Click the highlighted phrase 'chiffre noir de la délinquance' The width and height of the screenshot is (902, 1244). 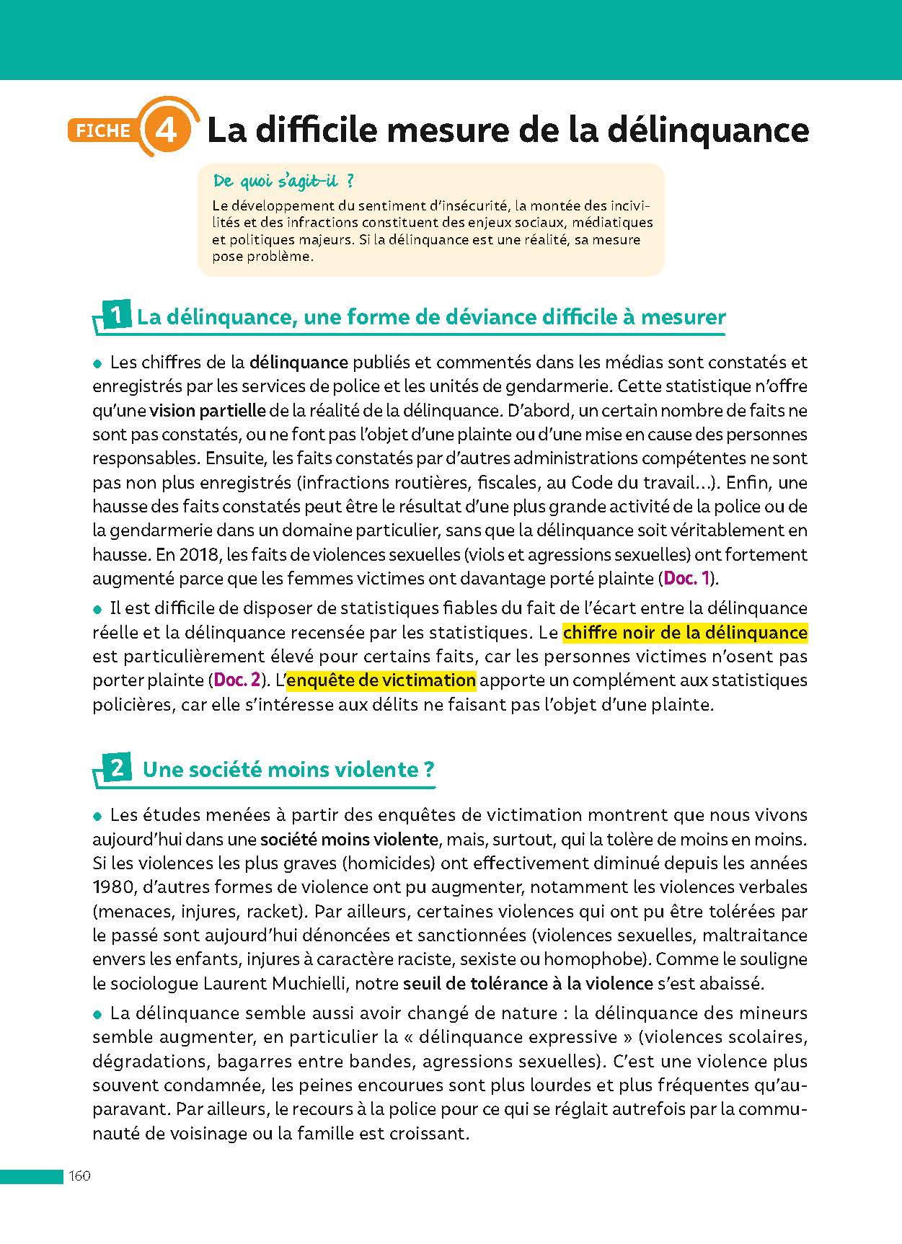(x=684, y=633)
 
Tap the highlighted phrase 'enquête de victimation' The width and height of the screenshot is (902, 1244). (x=381, y=680)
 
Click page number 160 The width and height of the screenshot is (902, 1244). (x=79, y=1176)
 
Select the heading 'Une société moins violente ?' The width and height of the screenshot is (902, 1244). (x=288, y=770)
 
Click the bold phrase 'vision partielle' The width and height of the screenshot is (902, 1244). (x=208, y=411)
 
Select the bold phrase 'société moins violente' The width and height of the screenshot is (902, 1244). (x=349, y=839)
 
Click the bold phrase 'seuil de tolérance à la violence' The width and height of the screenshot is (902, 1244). (x=528, y=983)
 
